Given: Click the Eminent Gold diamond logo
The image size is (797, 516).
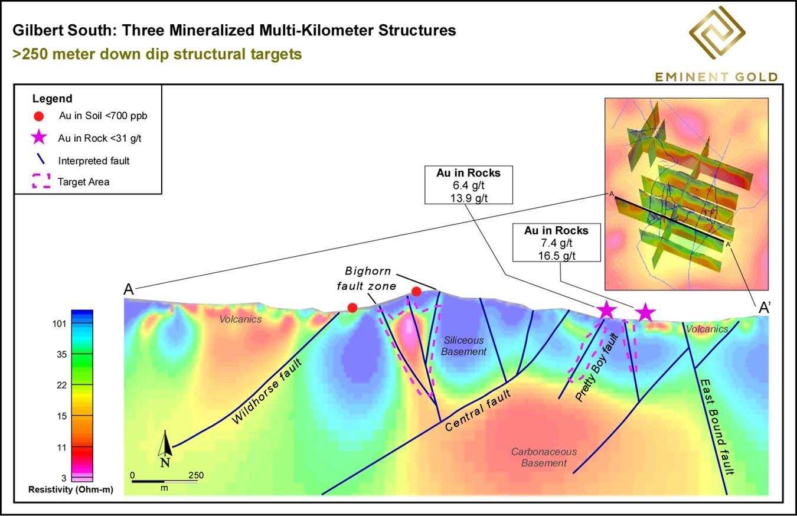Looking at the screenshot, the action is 717,32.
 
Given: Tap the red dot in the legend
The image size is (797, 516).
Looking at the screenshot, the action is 38,116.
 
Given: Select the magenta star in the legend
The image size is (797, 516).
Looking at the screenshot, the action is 39,138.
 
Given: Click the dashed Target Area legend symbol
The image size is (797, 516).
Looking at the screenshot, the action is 41,181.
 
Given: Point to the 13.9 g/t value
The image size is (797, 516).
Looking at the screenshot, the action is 469,198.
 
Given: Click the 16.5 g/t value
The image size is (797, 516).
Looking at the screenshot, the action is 557,256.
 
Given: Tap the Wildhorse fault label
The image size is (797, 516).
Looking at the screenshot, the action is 267,391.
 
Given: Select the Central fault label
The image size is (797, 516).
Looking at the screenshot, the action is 478,410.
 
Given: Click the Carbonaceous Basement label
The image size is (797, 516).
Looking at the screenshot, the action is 544,458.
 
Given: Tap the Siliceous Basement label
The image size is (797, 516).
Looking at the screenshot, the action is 463,346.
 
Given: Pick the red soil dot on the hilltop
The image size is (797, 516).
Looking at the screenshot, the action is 416,292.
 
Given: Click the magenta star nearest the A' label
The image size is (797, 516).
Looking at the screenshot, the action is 645,313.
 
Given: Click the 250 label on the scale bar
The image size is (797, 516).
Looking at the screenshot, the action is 196,475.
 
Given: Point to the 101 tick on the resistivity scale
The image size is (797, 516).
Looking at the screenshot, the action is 59,324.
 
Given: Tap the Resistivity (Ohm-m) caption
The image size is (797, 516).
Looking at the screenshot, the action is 71,489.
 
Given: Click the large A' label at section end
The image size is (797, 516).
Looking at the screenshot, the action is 765,308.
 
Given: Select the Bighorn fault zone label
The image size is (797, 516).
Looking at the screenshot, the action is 367,278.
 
